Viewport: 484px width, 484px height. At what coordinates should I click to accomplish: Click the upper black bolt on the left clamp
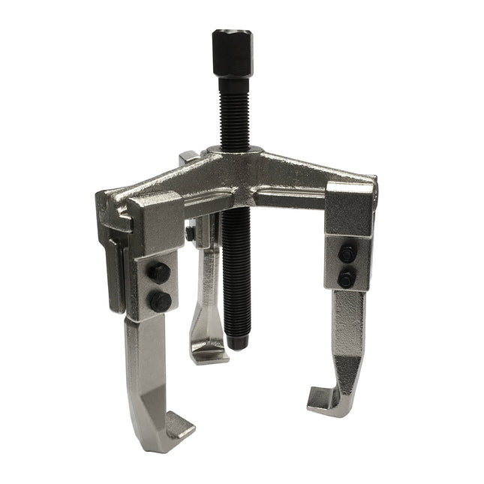tap(159, 273)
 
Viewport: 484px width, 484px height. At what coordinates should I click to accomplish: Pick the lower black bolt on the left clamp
tap(160, 302)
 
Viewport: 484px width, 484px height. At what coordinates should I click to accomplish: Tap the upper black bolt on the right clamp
tap(346, 254)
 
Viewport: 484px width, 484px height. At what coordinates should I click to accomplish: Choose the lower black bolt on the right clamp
tap(346, 278)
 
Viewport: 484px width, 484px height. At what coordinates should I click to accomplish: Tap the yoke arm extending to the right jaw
tap(300, 176)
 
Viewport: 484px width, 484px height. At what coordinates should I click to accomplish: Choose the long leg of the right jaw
tap(348, 338)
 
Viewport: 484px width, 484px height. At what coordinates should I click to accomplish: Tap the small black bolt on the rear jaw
tap(191, 234)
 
